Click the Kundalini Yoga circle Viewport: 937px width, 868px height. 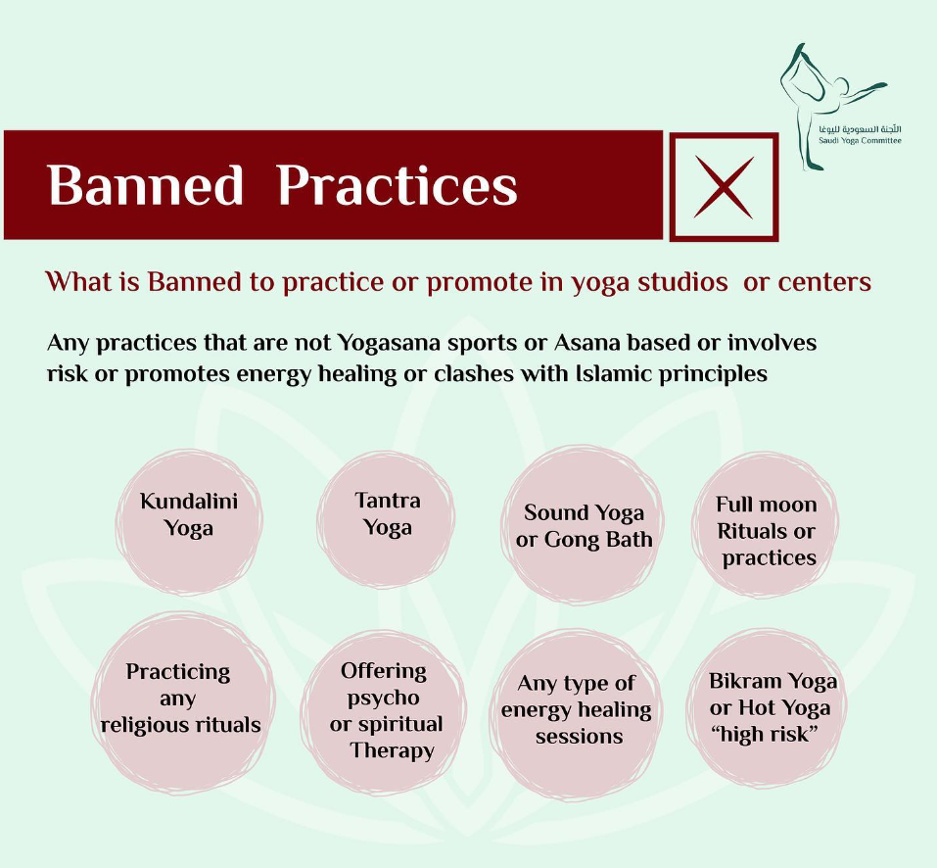(189, 522)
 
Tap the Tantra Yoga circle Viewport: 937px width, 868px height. (386, 519)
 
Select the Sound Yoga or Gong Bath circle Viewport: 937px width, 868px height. (584, 524)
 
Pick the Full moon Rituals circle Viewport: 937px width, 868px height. (766, 524)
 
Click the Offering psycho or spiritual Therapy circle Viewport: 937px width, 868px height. (384, 712)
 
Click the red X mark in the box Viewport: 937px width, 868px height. (724, 187)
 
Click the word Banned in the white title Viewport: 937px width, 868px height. (145, 185)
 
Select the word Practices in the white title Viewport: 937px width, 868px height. (398, 185)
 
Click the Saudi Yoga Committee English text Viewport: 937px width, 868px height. (860, 141)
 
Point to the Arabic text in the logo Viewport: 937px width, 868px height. (860, 129)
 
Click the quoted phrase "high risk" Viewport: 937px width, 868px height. (764, 734)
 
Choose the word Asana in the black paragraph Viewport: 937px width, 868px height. (586, 343)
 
